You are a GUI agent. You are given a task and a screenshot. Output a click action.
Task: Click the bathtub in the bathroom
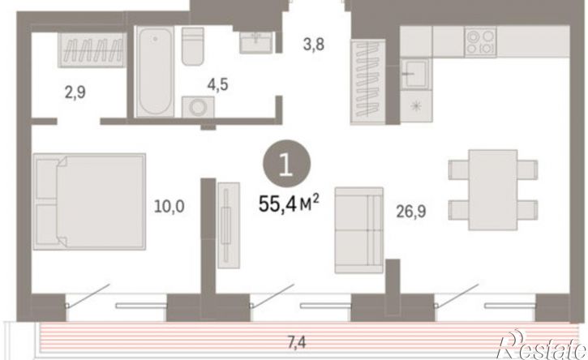(154, 71)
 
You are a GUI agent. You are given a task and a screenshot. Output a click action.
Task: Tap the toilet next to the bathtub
(193, 46)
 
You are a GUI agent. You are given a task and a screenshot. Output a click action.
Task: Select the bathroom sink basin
(256, 42)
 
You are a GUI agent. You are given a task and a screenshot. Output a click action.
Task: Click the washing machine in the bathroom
(198, 107)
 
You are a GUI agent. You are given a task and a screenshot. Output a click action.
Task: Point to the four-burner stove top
(480, 41)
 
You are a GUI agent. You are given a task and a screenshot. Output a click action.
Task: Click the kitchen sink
(414, 74)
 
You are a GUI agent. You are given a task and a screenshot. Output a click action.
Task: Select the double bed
(89, 201)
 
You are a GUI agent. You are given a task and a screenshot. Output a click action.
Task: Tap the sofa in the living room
(358, 230)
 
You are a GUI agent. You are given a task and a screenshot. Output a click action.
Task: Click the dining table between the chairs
(493, 190)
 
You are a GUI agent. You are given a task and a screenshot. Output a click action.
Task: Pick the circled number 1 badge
(286, 164)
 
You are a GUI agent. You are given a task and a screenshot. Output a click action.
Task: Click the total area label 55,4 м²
(289, 204)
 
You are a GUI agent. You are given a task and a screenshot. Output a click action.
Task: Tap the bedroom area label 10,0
(170, 206)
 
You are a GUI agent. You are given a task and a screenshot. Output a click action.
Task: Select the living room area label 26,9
(411, 212)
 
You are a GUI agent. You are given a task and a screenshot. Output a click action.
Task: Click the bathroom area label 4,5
(217, 85)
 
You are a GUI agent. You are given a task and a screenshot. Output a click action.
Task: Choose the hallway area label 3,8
(314, 45)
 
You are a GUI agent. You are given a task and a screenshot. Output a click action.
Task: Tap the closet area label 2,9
(75, 92)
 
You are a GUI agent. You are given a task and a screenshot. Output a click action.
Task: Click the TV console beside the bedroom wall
(229, 225)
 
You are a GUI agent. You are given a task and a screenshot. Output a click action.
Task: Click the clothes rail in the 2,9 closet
(92, 50)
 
